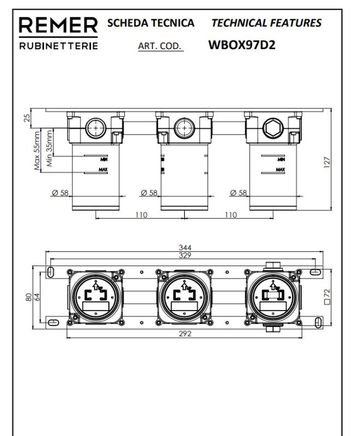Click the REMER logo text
click(x=58, y=25)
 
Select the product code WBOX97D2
click(x=242, y=45)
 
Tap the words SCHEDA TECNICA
click(x=150, y=23)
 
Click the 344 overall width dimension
click(x=185, y=247)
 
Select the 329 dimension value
click(x=185, y=255)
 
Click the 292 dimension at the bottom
click(x=185, y=334)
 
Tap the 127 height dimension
click(x=327, y=162)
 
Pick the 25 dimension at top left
click(x=27, y=118)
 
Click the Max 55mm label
click(x=36, y=150)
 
